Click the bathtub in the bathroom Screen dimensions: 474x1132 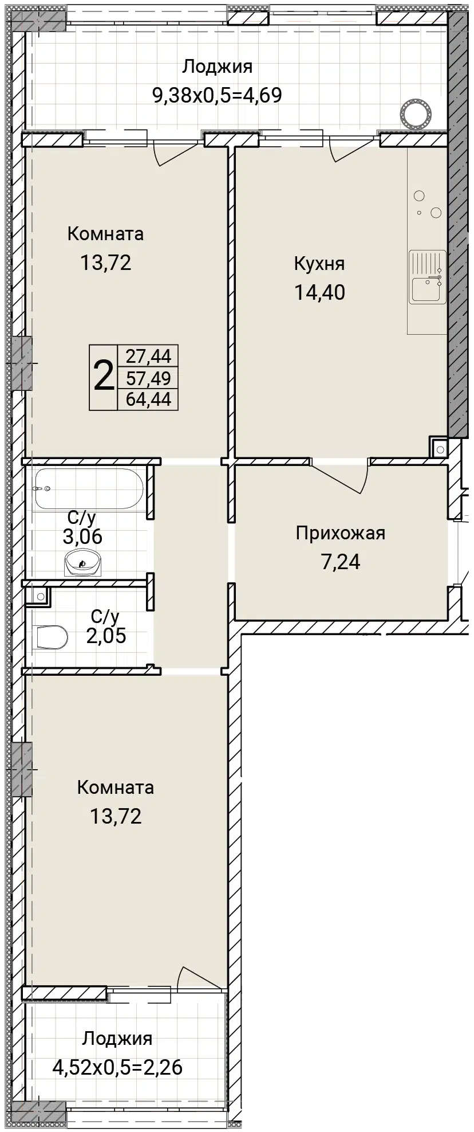pos(89,488)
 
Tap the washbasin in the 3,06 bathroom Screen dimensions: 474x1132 pos(83,562)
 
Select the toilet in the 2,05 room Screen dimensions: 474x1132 pos(52,636)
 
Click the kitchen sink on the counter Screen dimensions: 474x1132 pos(427,277)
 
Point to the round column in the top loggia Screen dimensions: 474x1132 pos(416,113)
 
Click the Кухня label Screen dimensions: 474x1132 pos(319,264)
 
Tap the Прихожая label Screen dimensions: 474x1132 pos(340,534)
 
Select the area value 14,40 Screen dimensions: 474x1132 pos(319,293)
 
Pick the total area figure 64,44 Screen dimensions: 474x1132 pos(148,399)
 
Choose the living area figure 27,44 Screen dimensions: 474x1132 pos(148,356)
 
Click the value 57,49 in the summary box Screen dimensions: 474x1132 pos(148,378)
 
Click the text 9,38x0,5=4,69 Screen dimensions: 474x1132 pos(217,95)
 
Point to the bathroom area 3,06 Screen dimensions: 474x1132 pos(82,537)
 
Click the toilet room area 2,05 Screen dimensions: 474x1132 pos(106,636)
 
